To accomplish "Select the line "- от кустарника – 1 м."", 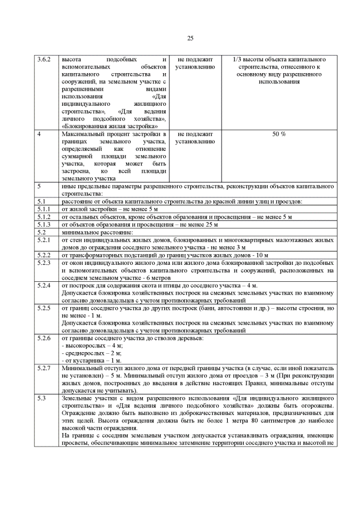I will [90, 360].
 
